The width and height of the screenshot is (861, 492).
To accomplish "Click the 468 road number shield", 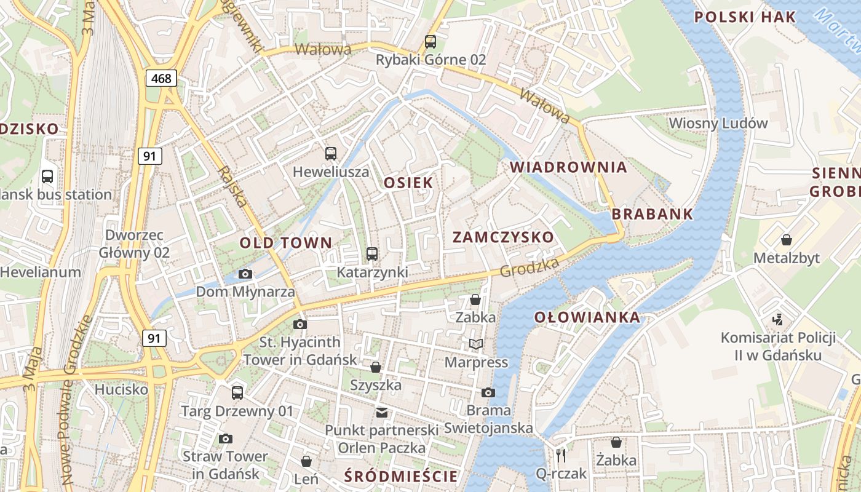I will pos(162,78).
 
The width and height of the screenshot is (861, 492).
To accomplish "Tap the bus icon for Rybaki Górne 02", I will pos(430,42).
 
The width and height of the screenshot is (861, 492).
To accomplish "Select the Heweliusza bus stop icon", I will pos(331,154).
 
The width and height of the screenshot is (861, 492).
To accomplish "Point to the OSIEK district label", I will pos(408,183).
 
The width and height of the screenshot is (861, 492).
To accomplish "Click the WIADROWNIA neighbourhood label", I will pos(568,167).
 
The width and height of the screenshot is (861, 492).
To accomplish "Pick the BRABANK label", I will pos(653,215).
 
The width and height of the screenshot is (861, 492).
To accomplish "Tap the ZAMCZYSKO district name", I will pos(503,237).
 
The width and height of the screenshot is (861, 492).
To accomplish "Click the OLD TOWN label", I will pos(286,243).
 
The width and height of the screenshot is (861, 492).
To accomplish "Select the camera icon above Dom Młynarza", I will pos(245,274).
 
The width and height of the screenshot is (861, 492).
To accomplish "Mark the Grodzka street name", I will pos(530,267).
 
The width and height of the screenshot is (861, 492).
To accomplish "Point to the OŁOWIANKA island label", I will pos(587,318).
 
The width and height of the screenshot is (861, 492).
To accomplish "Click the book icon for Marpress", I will pos(476,344).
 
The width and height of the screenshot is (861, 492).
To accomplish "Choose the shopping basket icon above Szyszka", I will pos(376,367).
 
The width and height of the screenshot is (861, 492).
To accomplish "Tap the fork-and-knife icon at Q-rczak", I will pos(560,455).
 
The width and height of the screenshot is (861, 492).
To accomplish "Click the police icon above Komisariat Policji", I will pos(778,319).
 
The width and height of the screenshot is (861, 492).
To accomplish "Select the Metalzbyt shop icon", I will pos(786,239).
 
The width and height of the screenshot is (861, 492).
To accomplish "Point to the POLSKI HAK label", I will pos(745,17).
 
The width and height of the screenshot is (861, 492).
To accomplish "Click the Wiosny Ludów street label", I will pos(718,123).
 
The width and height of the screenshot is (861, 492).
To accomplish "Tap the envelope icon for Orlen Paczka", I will pos(382,412).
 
